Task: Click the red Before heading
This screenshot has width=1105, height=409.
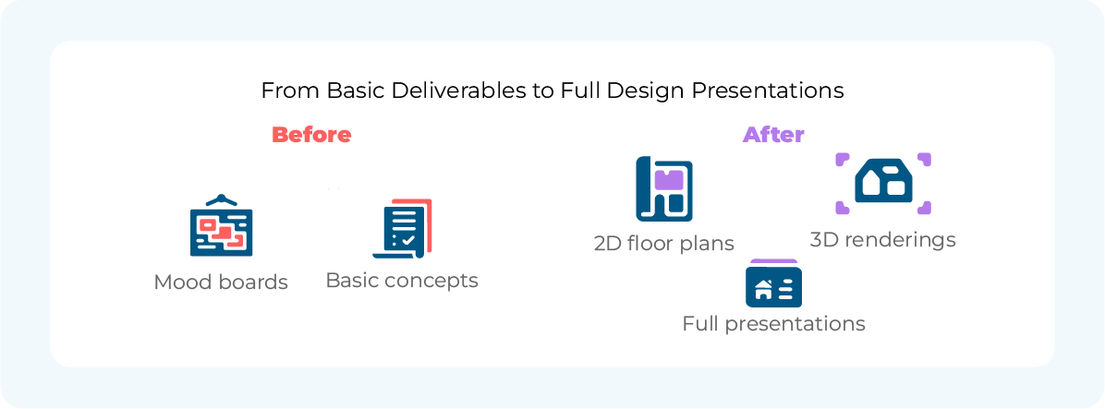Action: coord(311,135)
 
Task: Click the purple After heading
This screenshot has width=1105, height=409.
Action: coord(773,135)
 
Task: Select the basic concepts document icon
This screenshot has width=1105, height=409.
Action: coord(403,229)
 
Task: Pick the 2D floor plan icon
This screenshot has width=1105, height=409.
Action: coord(664,188)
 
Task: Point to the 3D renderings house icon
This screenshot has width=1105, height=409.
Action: coord(883,183)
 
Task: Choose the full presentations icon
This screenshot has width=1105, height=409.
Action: coord(774,283)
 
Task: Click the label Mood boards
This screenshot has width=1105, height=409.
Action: coord(222,283)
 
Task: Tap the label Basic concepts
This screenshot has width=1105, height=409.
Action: coord(403,281)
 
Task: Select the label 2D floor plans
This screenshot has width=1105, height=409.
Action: coord(664,244)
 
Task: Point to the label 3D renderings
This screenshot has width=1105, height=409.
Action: coord(883,240)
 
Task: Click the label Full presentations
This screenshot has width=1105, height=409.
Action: coord(774,324)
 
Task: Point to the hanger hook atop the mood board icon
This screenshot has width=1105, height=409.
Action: coord(222,198)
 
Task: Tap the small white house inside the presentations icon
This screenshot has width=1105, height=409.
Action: coord(762,289)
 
